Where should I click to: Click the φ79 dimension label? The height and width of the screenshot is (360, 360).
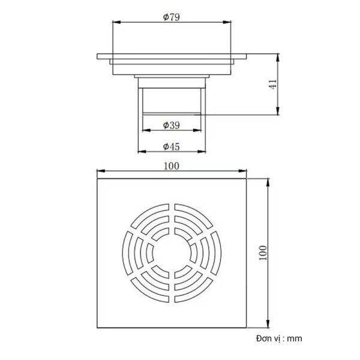pyautogui.click(x=172, y=17)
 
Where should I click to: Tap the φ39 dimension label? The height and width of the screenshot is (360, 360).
pyautogui.click(x=172, y=125)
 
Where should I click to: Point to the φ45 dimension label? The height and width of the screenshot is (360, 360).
pyautogui.click(x=172, y=146)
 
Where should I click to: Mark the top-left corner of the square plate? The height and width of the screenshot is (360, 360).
pyautogui.click(x=97, y=178)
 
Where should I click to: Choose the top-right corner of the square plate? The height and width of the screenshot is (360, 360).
pyautogui.click(x=247, y=178)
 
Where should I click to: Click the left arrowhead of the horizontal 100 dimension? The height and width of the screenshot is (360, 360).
pyautogui.click(x=100, y=173)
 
